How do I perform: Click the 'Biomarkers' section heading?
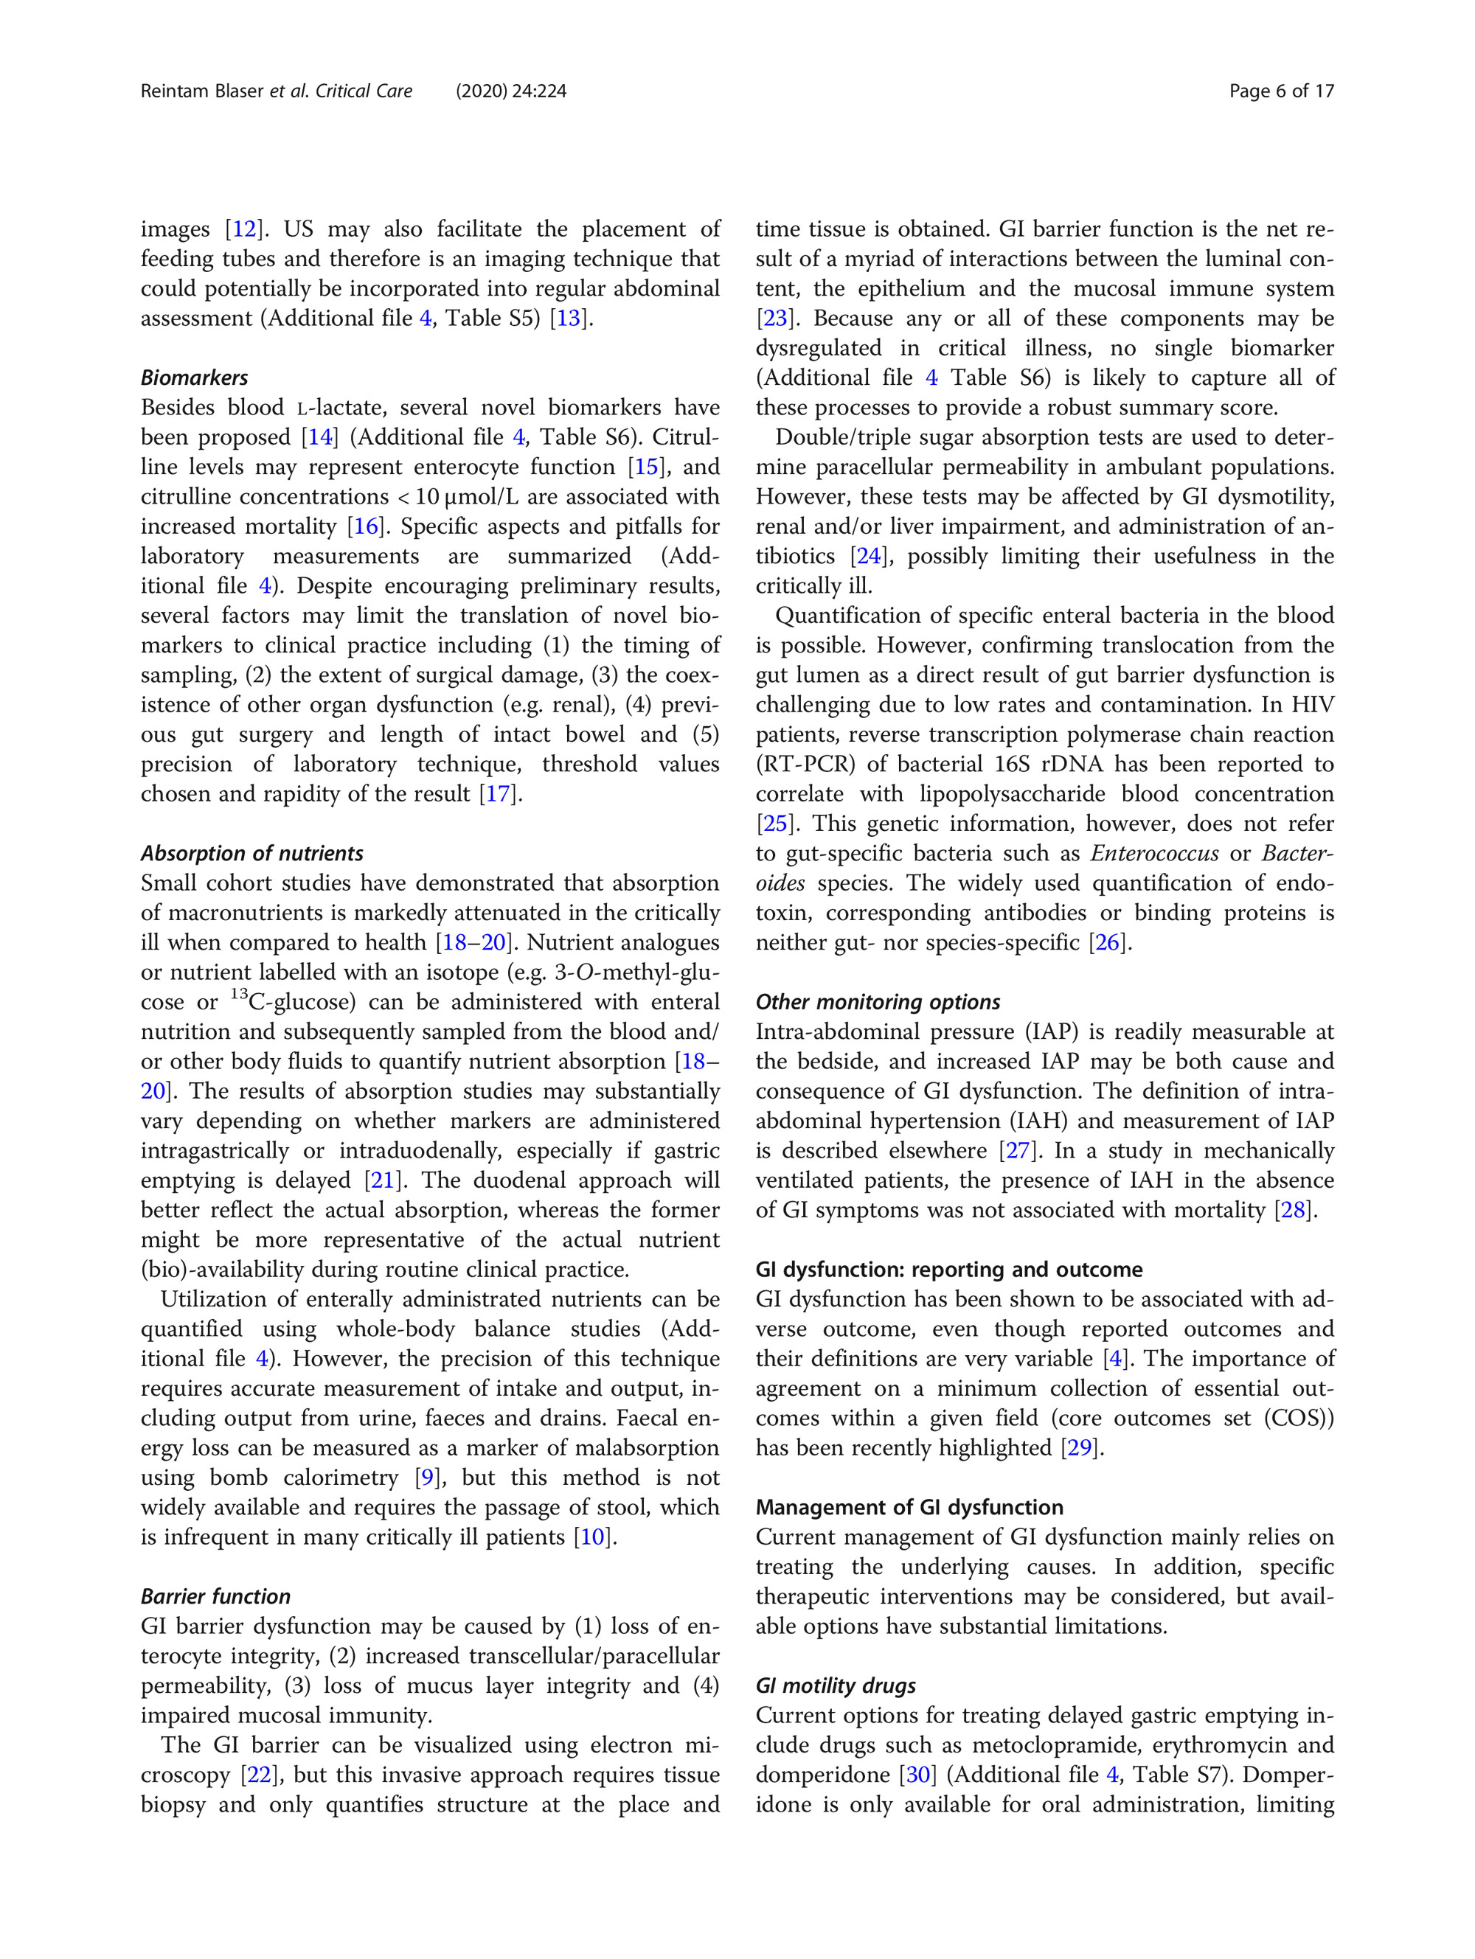(194, 377)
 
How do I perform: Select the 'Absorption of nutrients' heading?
(251, 853)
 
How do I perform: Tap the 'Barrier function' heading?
(215, 1596)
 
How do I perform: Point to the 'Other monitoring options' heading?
(877, 1002)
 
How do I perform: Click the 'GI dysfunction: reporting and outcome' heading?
(948, 1269)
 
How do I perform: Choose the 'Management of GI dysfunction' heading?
(909, 1506)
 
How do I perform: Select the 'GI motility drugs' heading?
(836, 1685)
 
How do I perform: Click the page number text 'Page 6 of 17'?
(1280, 91)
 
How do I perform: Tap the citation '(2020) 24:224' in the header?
(511, 91)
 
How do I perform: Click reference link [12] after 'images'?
(245, 229)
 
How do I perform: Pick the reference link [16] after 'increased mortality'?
(367, 527)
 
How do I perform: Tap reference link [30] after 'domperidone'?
(917, 1775)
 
